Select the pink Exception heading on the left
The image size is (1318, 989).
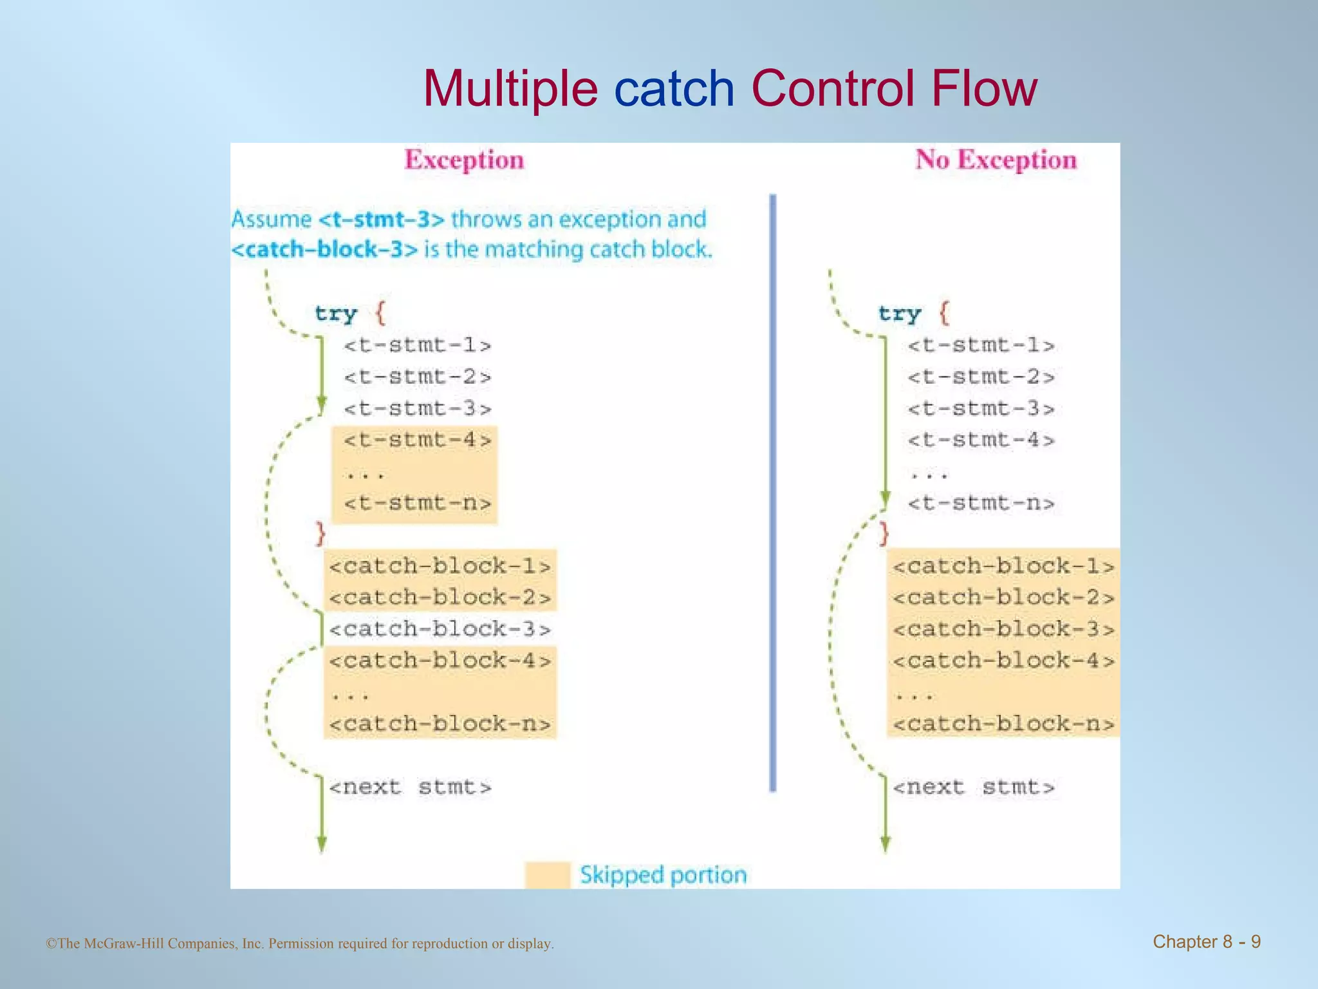(x=464, y=160)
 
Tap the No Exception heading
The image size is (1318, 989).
(x=996, y=160)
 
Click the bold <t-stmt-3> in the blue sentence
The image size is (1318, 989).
(x=382, y=220)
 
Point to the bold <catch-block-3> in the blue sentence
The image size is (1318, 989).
(x=325, y=250)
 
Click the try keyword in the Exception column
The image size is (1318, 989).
(x=336, y=314)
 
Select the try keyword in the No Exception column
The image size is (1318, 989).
(x=900, y=314)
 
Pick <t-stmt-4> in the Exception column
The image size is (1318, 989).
(x=418, y=440)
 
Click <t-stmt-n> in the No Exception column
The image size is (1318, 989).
(x=981, y=504)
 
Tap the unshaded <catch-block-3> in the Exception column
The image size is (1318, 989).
(x=440, y=629)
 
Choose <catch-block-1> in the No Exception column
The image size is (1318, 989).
(x=1003, y=567)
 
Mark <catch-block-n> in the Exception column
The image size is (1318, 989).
(x=440, y=724)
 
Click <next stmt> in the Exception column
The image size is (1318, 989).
(x=411, y=787)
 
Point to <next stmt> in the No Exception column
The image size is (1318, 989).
(x=974, y=787)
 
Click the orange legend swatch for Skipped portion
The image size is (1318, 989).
(x=548, y=875)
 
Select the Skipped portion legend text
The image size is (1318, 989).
(x=663, y=875)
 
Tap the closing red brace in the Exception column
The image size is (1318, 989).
(x=320, y=534)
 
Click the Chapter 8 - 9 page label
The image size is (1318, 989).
(x=1206, y=942)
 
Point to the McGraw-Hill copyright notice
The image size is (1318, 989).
(x=300, y=944)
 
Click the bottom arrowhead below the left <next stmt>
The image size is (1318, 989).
(x=322, y=844)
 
